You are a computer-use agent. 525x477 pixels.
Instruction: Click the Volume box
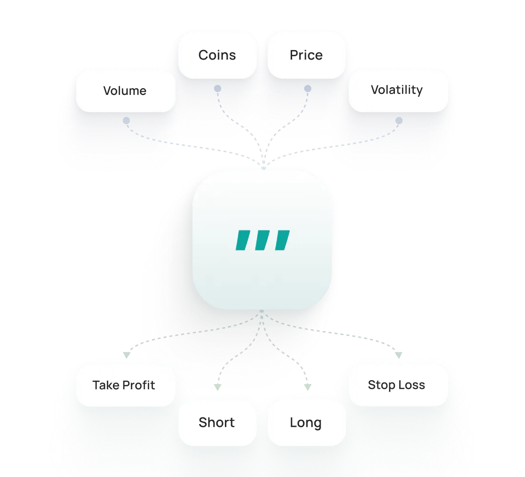(125, 91)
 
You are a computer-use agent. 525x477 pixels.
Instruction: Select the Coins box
(217, 55)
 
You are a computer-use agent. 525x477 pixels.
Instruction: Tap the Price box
(306, 55)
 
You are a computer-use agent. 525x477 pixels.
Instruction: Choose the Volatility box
(397, 90)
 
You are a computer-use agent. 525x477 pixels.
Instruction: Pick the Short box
(217, 423)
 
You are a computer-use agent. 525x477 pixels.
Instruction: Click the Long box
(306, 423)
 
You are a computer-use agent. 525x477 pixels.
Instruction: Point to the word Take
(106, 385)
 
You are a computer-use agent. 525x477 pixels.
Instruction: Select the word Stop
(380, 385)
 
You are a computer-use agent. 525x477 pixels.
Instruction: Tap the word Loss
(413, 385)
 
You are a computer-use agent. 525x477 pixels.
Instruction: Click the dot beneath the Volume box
(126, 121)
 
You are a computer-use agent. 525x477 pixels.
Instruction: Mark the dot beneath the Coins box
(217, 89)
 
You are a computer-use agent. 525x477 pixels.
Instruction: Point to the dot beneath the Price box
(308, 89)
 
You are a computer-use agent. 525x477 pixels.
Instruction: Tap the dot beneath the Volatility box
(399, 120)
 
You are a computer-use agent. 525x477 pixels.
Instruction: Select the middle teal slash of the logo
(262, 240)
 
